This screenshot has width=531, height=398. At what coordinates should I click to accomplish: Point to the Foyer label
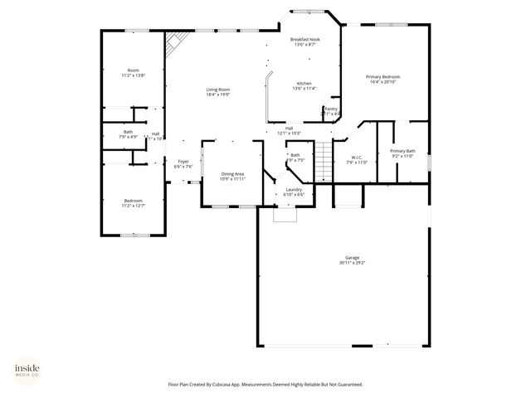183,163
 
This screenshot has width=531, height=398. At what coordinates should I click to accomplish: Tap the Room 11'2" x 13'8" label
133,72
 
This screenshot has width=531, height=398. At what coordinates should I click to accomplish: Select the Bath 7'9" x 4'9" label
128,133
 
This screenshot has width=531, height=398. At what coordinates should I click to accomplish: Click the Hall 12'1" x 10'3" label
289,130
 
